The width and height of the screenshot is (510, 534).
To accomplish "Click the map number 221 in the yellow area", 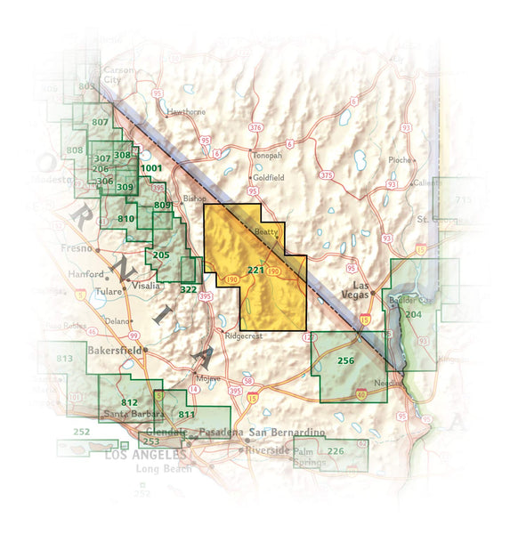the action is click(x=255, y=270).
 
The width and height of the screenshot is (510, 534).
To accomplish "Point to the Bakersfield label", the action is click(x=118, y=351).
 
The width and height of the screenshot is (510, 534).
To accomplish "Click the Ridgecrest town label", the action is click(x=245, y=336).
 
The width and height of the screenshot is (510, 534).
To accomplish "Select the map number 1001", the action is click(x=151, y=167).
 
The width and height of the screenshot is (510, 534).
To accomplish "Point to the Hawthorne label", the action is click(x=187, y=111).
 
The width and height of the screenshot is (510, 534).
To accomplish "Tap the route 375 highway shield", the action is click(x=327, y=175).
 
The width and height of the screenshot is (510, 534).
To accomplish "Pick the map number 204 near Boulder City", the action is click(x=413, y=314).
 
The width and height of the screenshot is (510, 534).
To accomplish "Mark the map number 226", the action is click(x=336, y=451).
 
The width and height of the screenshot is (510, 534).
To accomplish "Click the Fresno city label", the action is click(x=72, y=248).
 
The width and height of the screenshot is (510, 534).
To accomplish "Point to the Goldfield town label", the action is click(x=267, y=177).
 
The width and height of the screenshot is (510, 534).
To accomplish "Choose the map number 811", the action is click(x=187, y=414).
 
